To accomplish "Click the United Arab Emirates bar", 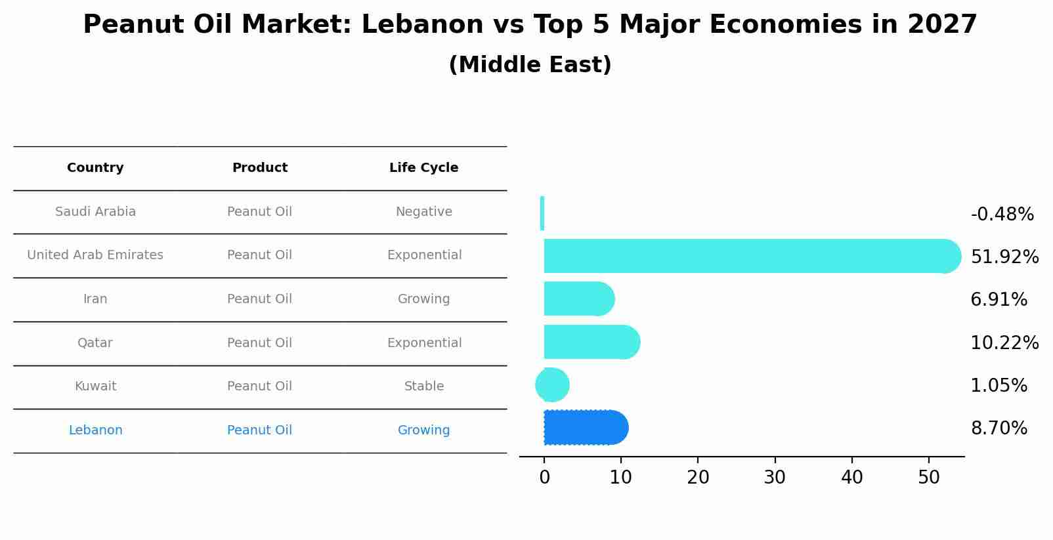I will point(748,256).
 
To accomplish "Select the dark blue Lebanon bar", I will point(584,428).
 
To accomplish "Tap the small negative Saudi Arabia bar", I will point(542,213).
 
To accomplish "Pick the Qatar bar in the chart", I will point(591,342).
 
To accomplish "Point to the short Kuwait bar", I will point(552,385).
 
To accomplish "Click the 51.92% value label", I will point(1004,257).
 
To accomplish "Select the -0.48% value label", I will point(1002,215).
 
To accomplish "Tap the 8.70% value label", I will point(999,428).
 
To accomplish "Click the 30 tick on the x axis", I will point(775,478).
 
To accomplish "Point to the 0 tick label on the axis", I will point(544,478).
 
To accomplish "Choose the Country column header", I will point(95,168).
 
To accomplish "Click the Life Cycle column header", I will point(423,168).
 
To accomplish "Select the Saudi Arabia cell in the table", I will point(95,212).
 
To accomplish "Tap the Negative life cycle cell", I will point(423,212).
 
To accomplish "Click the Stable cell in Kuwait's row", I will point(423,386).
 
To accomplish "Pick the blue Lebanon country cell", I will point(95,430).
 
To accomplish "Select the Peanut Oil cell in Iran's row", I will point(259,299).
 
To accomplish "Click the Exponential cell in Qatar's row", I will point(423,343).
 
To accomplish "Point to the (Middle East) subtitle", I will point(530,65).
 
